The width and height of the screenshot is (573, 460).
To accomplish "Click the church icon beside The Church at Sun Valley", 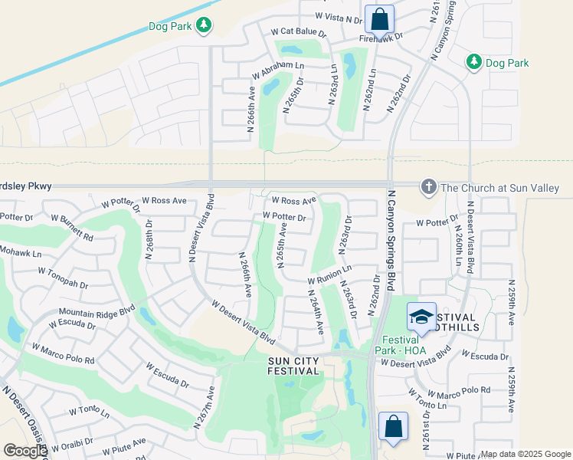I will tap(428, 187).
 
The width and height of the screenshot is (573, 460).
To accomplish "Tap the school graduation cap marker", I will tap(421, 317).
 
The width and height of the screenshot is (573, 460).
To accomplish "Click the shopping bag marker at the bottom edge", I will tap(393, 426).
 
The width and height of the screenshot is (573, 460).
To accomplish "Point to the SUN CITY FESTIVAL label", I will tap(293, 366).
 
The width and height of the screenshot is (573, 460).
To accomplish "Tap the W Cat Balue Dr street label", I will tap(298, 34).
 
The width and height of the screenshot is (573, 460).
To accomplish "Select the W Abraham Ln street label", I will tap(277, 71).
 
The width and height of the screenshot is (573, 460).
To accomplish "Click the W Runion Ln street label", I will tap(329, 273).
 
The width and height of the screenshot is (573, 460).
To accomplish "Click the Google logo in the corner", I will tap(25, 451).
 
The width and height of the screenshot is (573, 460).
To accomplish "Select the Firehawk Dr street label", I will tap(381, 36).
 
